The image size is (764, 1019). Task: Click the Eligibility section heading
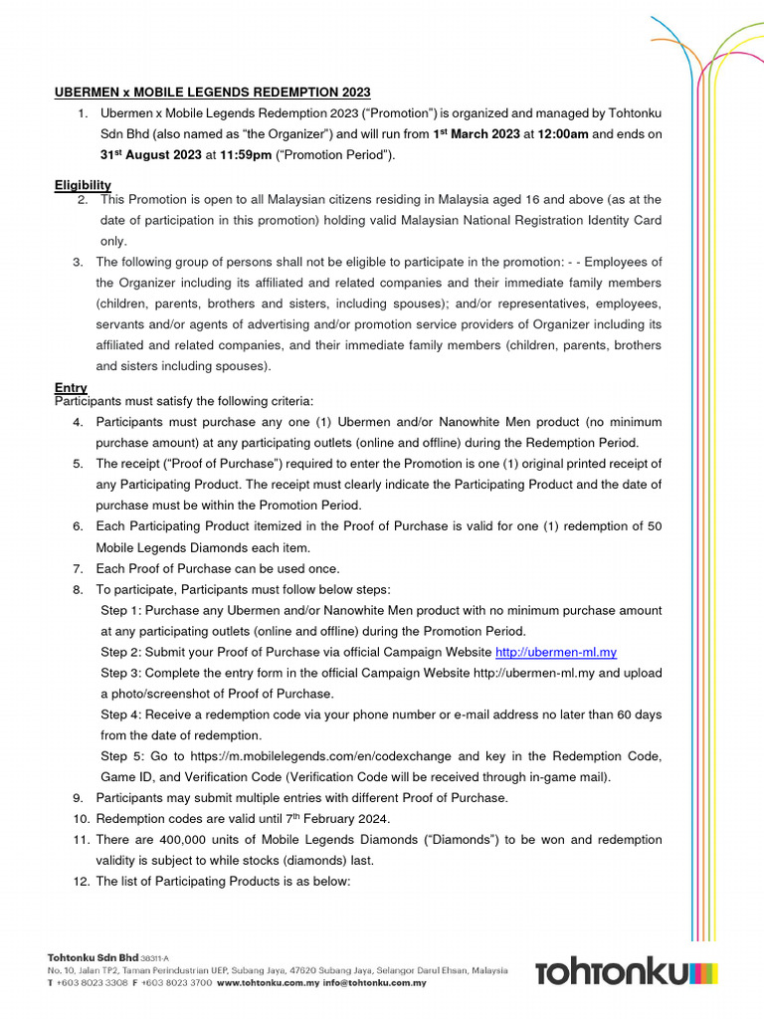pos(83,185)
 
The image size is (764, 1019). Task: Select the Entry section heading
pos(71,387)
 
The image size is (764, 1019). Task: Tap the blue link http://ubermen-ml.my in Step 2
pos(556,652)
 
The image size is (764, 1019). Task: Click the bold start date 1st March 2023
pos(477,134)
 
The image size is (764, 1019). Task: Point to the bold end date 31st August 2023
pos(150,155)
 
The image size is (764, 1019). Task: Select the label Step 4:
pos(120,714)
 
